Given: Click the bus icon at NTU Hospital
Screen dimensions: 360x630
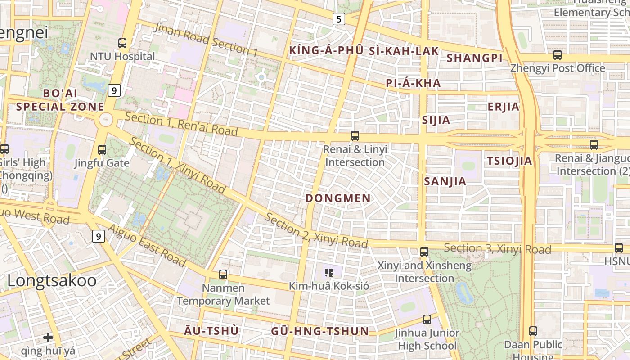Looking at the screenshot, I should tap(122, 43).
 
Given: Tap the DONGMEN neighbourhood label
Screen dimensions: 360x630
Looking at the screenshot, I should tap(338, 198).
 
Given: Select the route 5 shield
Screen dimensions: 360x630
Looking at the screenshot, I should tap(338, 19).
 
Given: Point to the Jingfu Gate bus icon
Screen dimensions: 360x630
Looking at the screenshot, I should tap(102, 149).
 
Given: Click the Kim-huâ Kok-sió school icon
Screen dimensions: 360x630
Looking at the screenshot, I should tap(329, 272).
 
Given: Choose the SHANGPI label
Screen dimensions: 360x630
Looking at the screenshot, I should tap(474, 58).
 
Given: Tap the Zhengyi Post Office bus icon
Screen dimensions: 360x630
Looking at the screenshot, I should tap(558, 55).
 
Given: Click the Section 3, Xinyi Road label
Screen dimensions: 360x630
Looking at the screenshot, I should tap(497, 248).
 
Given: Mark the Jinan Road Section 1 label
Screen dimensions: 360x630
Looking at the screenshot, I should tap(206, 40).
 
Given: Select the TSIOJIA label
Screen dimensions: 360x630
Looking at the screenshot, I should tap(509, 161).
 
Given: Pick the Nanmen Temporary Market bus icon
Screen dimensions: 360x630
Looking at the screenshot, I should tap(223, 274).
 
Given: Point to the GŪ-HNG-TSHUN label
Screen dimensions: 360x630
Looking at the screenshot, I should tap(320, 332).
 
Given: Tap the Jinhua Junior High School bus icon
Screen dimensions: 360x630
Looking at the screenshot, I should tap(427, 319).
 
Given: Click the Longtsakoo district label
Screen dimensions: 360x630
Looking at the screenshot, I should tap(52, 281).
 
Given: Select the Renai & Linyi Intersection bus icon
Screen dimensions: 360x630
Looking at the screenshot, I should tap(355, 135).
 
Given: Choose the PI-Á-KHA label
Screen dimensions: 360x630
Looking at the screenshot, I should tap(413, 83).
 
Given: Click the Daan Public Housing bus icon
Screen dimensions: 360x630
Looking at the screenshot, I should tap(533, 331).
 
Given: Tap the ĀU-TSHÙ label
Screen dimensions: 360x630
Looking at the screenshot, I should tap(211, 331).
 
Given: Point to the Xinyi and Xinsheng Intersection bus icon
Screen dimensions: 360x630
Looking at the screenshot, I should tap(424, 252).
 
